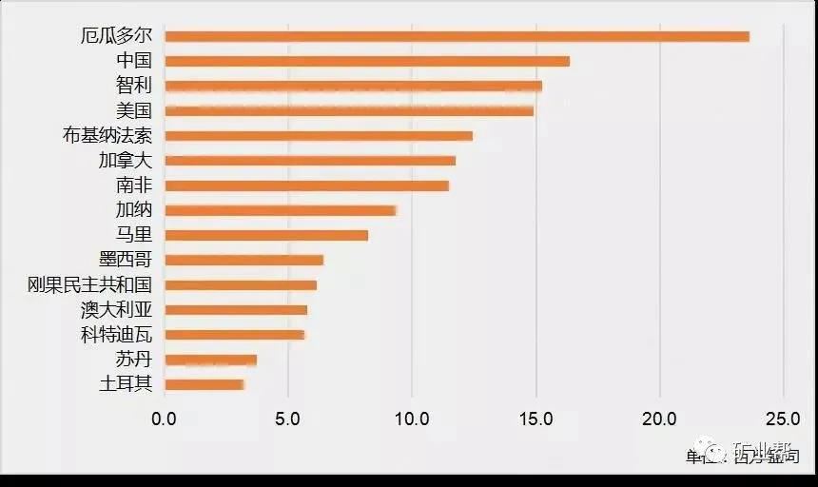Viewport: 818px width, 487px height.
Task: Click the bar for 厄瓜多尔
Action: tap(457, 36)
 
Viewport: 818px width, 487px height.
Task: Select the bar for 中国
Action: tap(367, 61)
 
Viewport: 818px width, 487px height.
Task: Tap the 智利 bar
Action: tap(353, 86)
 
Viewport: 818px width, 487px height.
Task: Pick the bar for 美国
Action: tap(349, 110)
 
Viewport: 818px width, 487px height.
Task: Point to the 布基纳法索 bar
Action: tap(319, 136)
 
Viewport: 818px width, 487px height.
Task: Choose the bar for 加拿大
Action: tap(310, 161)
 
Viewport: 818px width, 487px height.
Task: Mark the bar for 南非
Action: tap(306, 185)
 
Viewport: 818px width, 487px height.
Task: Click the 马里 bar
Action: tap(266, 235)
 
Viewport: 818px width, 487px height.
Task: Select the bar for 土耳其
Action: tap(204, 384)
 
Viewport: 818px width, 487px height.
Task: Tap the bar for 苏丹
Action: tap(210, 360)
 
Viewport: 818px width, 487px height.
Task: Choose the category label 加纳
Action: tap(133, 210)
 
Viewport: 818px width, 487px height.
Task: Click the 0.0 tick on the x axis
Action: tap(165, 418)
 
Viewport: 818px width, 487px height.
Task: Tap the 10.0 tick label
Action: tap(412, 418)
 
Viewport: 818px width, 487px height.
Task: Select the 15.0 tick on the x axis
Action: tap(536, 418)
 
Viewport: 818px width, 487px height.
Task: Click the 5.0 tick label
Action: tap(288, 418)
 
